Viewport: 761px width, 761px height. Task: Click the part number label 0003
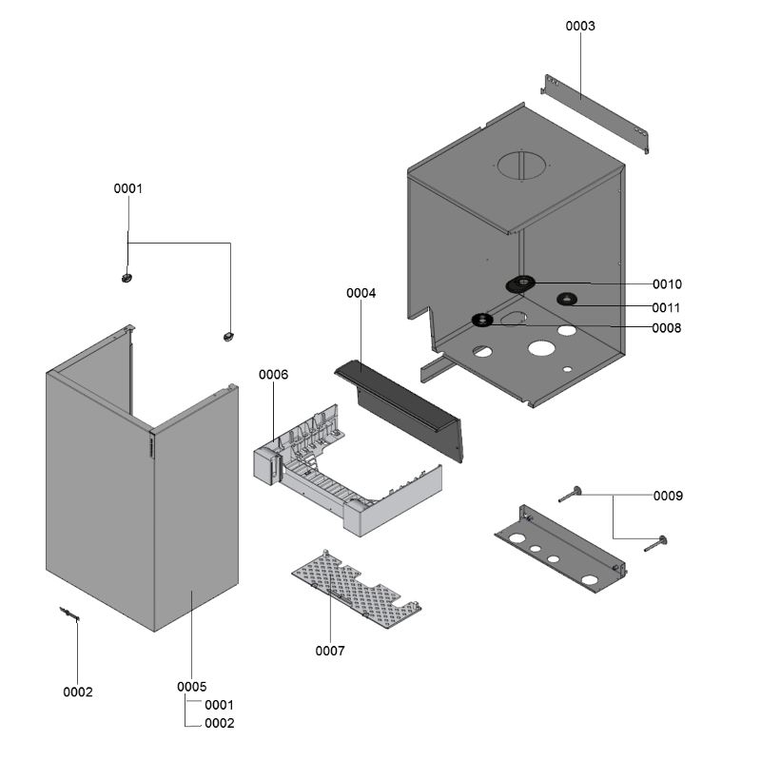coord(580,26)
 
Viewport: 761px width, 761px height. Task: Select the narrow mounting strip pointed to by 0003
coord(595,111)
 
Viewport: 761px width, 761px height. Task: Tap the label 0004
coord(361,293)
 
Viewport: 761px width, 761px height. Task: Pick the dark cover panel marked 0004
coord(404,405)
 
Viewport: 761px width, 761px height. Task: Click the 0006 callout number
coord(273,375)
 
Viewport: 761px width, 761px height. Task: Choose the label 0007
coord(330,651)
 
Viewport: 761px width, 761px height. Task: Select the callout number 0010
coord(667,284)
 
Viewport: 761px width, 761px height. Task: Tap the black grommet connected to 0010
coord(521,283)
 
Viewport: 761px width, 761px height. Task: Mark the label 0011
coord(667,307)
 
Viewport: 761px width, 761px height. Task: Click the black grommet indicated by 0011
coord(567,301)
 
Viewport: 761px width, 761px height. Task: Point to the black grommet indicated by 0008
coord(482,320)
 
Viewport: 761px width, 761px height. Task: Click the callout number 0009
coord(668,496)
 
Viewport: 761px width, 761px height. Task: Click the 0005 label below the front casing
coord(192,686)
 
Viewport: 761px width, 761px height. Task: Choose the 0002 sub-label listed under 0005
coord(220,723)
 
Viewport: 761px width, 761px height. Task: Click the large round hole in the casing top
coord(521,164)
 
